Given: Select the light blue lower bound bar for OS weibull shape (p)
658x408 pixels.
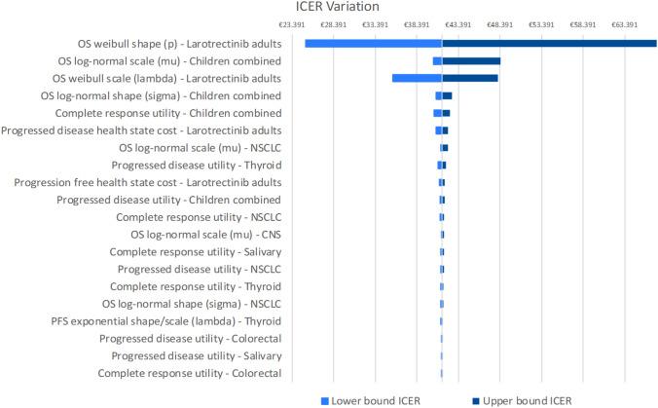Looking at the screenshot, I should (373, 44).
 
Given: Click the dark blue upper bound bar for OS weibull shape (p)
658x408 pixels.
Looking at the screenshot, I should (549, 44).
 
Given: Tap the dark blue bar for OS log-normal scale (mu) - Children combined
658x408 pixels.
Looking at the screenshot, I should (471, 61).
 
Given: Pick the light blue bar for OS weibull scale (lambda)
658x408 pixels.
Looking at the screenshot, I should (417, 78).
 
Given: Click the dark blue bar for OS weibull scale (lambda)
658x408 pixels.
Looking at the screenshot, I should (469, 78).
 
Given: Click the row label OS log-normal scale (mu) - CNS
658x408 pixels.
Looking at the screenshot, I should (205, 235).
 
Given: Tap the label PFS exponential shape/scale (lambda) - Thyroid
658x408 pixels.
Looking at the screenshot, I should (166, 320).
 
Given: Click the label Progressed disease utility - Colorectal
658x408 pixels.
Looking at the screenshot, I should (191, 338).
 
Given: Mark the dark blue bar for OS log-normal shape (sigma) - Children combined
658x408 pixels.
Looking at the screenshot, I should (447, 95).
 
